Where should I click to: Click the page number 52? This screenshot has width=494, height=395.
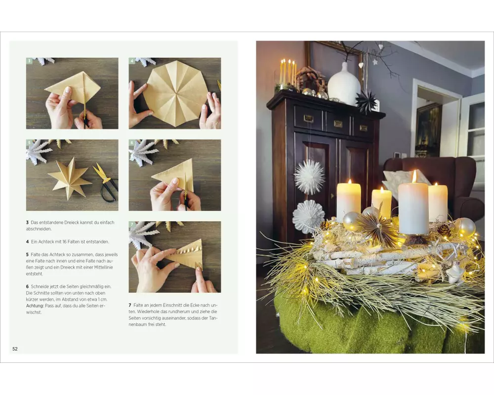coord(15,349)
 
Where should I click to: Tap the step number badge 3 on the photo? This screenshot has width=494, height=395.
coord(29,61)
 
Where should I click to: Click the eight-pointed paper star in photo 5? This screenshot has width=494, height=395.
coord(70,179)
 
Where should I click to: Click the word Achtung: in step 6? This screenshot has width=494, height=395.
coord(35,306)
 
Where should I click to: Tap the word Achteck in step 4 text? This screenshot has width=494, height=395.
coord(47,241)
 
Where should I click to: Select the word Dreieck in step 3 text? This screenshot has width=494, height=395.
coord(73,222)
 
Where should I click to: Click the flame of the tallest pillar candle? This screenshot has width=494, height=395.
coord(414,176)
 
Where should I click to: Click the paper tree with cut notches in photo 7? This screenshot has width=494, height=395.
coord(185,258)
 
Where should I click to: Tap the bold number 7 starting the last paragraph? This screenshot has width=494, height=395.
coord(130,305)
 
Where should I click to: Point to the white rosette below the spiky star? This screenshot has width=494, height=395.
coord(308,216)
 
